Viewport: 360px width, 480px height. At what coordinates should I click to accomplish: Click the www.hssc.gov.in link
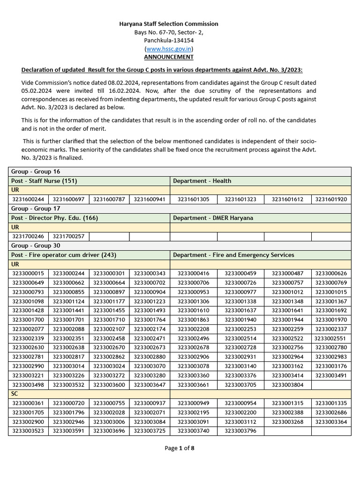169,49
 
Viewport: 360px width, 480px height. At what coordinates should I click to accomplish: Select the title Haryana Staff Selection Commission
169,24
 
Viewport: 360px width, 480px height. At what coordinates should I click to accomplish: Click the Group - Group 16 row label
36,172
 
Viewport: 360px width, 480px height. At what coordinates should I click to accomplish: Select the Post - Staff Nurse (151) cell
45,181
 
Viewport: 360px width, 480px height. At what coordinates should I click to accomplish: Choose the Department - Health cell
202,181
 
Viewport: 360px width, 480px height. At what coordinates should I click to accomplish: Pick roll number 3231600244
28,199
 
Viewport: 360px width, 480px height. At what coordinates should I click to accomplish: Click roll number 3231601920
331,199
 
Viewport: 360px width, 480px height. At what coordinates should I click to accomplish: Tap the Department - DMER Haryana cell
213,218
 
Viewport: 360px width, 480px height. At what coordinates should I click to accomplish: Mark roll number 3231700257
68,236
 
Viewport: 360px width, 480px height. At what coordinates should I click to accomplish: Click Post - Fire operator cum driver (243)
64,255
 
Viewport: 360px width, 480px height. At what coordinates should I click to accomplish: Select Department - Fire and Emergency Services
233,255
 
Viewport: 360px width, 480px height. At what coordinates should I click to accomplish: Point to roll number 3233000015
28,273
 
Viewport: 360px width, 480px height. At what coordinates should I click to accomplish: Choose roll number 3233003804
287,384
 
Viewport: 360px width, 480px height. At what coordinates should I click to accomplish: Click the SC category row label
15,394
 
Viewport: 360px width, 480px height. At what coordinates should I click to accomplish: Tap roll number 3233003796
240,431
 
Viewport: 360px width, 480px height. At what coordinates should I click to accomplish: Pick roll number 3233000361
28,403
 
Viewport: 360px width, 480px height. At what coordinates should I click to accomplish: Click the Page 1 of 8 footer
180,448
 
